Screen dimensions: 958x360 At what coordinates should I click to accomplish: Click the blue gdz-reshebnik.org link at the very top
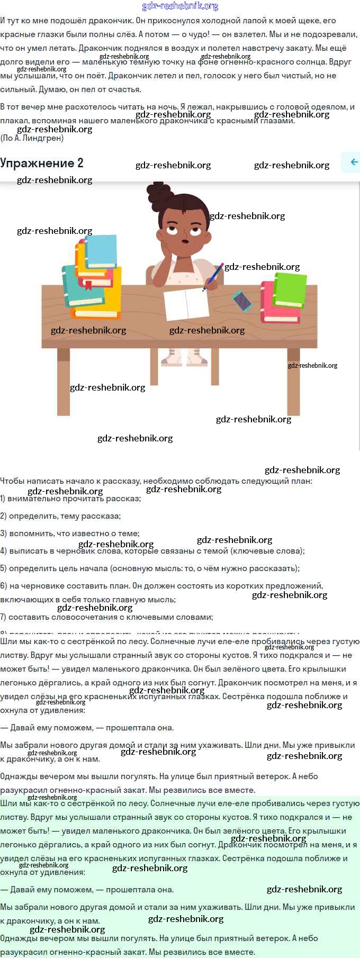point(180,6)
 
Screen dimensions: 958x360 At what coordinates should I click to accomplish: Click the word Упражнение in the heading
point(37,163)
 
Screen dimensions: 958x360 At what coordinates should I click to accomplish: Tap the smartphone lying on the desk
point(242,301)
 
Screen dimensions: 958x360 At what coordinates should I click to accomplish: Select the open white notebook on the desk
point(186,304)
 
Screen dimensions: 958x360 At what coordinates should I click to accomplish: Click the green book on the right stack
point(290,288)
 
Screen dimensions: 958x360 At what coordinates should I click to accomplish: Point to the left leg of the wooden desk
point(64,381)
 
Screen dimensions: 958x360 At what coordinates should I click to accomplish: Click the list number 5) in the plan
point(4,568)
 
